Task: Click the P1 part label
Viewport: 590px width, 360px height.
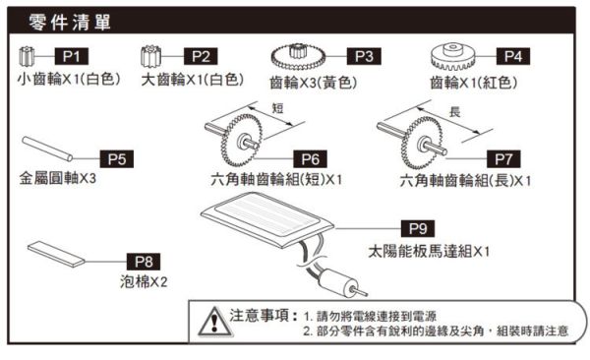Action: coord(77,55)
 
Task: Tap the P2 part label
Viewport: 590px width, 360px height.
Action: coord(202,55)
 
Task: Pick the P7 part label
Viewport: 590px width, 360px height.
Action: coord(503,157)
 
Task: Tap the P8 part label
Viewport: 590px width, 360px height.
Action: coord(144,261)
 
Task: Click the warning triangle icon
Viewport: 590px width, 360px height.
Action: coord(210,322)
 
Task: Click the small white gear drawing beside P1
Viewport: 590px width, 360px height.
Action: coord(30,54)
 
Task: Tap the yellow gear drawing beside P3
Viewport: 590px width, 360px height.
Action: coord(295,57)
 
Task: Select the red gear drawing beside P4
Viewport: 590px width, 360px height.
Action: coord(454,55)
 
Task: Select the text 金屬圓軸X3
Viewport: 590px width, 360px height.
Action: coord(57,180)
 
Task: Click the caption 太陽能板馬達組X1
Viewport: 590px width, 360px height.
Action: coord(430,252)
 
